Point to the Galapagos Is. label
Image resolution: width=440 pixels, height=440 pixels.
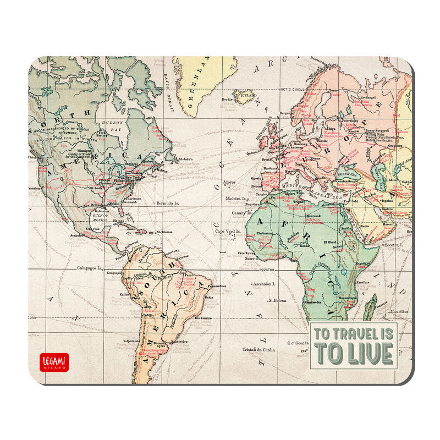click(89, 269)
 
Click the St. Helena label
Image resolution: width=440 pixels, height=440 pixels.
click(279, 300)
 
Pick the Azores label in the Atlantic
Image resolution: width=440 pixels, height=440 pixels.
click(229, 181)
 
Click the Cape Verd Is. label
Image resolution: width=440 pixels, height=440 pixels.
click(244, 231)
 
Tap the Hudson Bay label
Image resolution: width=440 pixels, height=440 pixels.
click(112, 124)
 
